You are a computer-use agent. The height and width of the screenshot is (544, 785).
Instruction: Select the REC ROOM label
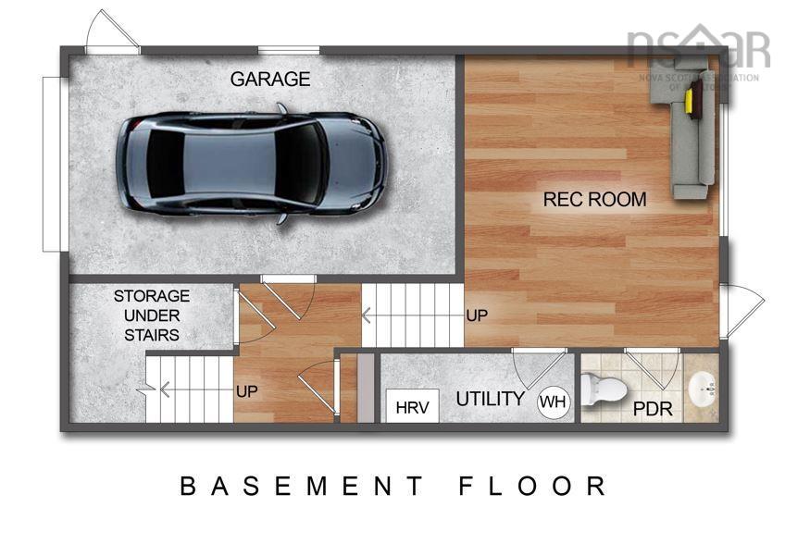coord(594,199)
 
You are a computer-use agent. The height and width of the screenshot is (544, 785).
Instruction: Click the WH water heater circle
coord(554,402)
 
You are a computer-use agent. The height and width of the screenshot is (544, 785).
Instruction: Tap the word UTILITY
coord(491,400)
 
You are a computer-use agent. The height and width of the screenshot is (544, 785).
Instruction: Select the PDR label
coord(653,409)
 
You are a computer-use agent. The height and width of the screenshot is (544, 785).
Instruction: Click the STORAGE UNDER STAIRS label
coord(152,315)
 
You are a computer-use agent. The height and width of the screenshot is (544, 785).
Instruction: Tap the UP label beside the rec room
coord(477,315)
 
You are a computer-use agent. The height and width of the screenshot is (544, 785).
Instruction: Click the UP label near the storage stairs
coord(246,391)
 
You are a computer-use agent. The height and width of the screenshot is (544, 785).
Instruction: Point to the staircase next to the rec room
coord(412,315)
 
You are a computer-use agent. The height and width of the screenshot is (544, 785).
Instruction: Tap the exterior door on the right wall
coord(741,309)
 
